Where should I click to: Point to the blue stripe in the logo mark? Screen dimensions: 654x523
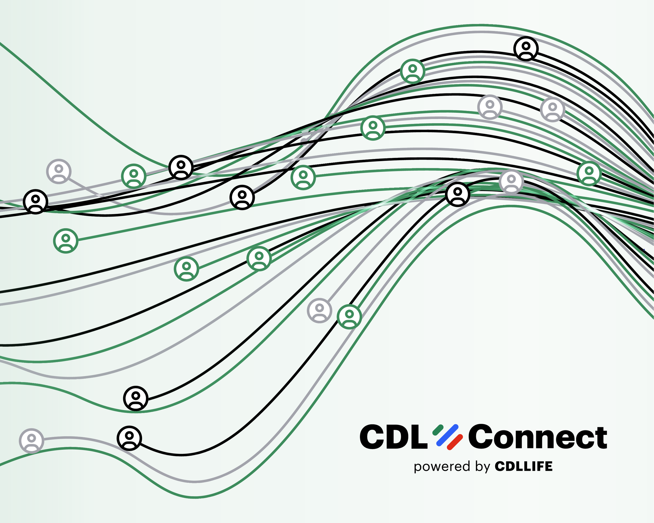click(x=447, y=435)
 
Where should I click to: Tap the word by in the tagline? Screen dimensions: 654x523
click(x=483, y=466)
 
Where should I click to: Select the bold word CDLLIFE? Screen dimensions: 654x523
click(x=523, y=466)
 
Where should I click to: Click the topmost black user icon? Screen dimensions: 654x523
click(x=526, y=49)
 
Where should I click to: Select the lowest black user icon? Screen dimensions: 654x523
click(x=129, y=438)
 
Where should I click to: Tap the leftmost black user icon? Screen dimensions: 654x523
click(x=36, y=202)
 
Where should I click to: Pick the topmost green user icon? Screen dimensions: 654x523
click(x=413, y=71)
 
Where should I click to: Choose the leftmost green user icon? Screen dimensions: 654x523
click(x=66, y=241)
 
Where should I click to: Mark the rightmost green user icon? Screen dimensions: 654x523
click(x=589, y=173)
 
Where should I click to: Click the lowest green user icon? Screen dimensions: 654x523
click(x=349, y=316)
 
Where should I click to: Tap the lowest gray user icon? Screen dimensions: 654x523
click(x=32, y=441)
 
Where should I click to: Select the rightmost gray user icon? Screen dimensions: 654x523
click(x=553, y=110)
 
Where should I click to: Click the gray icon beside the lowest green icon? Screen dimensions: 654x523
click(x=319, y=310)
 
